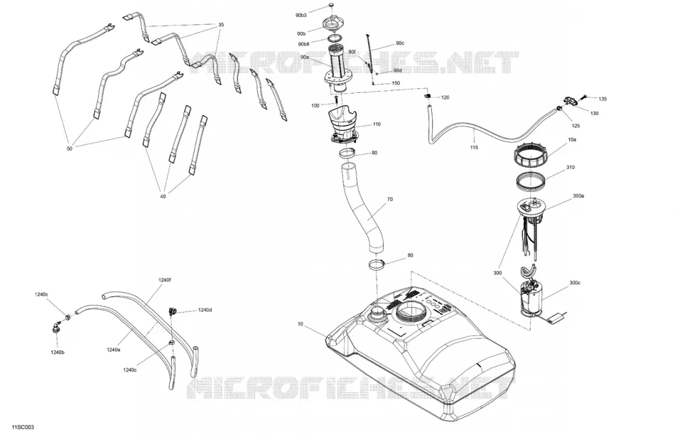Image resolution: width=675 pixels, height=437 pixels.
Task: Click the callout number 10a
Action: pos(572,140)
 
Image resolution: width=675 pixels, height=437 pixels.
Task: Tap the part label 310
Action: pos(571,168)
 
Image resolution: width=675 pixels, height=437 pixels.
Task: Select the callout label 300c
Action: pos(575,283)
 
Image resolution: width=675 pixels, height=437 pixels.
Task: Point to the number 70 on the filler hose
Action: pos(390,200)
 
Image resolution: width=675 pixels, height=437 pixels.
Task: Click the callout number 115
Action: pos(474,148)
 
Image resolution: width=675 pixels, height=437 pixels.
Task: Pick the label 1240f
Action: pos(164,280)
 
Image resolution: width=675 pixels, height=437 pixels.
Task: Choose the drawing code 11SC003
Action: pos(23,427)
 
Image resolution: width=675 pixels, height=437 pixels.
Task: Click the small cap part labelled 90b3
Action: pos(331,5)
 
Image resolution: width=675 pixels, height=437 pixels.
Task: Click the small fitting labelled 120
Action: pos(428,96)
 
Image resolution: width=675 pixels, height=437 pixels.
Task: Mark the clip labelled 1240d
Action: pos(173,311)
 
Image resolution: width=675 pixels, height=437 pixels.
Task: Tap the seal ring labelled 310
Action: pos(531,180)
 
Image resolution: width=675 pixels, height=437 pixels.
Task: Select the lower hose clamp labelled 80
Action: pos(377,264)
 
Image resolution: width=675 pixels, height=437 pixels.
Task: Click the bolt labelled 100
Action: pos(336,100)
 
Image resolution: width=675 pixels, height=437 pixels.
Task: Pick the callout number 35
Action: pos(221,25)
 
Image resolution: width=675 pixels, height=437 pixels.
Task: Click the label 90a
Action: pos(305,58)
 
